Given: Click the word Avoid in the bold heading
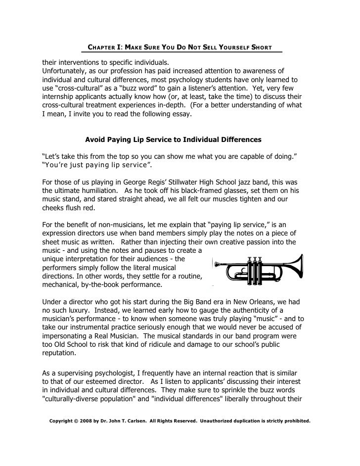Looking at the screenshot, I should tap(95, 140).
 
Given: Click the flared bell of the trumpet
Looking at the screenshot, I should tap(295, 270).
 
